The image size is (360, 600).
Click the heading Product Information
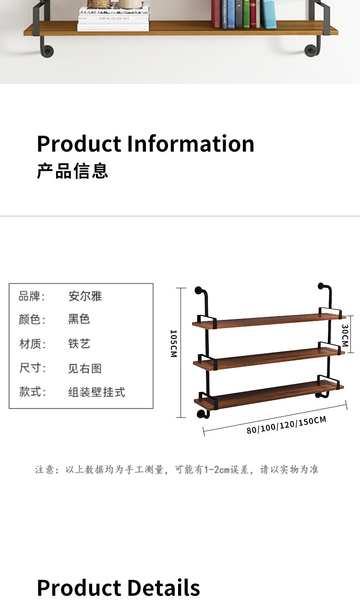tap(145, 143)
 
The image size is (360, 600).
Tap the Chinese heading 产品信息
tap(72, 171)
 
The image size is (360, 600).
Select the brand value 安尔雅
tap(85, 296)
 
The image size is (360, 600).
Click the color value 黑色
tap(79, 319)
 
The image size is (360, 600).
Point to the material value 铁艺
tap(79, 343)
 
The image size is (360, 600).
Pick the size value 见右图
tap(84, 368)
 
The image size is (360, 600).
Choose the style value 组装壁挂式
tap(96, 392)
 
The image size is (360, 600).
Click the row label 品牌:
tap(32, 296)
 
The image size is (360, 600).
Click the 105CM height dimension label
tap(174, 344)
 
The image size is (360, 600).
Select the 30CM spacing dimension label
tap(345, 335)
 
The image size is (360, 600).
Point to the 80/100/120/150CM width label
tap(286, 425)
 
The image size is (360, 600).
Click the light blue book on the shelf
tap(269, 14)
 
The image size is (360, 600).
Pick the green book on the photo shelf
tap(246, 14)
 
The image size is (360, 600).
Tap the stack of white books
tap(113, 19)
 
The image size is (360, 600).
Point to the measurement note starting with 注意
tap(177, 470)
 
